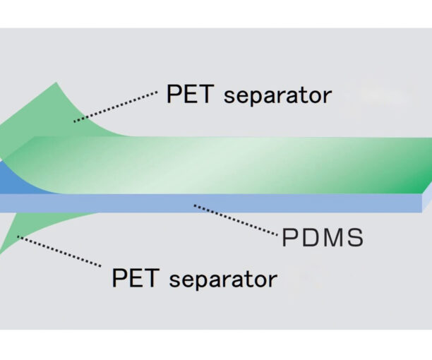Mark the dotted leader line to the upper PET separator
pos(116,106)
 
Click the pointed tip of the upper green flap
pos(56,85)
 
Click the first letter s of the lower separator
pos(176,280)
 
